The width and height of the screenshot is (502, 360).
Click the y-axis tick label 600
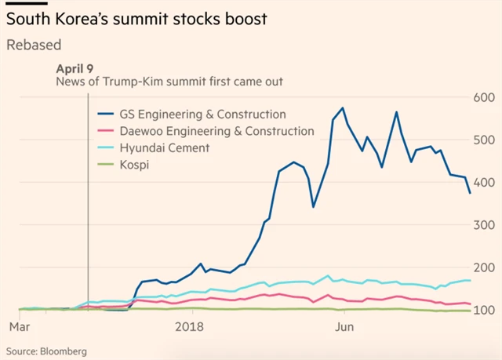(x=481, y=97)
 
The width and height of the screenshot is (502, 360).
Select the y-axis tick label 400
(x=481, y=183)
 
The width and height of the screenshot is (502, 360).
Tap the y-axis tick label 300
(x=481, y=225)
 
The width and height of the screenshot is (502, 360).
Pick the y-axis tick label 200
(x=481, y=268)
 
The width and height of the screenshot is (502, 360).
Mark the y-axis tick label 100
(x=481, y=311)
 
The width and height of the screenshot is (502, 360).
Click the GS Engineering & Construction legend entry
(x=202, y=115)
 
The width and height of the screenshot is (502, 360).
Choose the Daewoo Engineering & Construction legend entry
(x=216, y=131)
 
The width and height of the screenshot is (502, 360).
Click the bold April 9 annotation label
(x=76, y=68)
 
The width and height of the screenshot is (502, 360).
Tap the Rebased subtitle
(x=34, y=45)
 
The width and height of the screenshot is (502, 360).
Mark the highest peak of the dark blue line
(x=343, y=107)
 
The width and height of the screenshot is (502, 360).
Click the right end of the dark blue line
(x=470, y=193)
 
